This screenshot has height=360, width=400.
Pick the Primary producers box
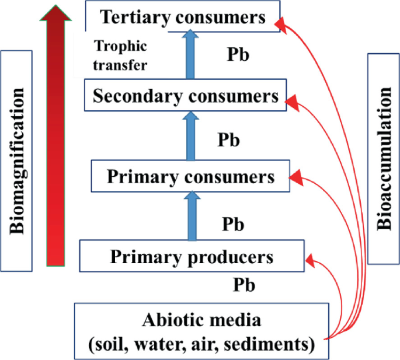click(x=192, y=257)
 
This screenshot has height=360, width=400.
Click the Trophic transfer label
click(x=121, y=55)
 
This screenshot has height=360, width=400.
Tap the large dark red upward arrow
click(x=55, y=134)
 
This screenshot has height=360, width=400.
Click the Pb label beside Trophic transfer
click(x=238, y=56)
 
